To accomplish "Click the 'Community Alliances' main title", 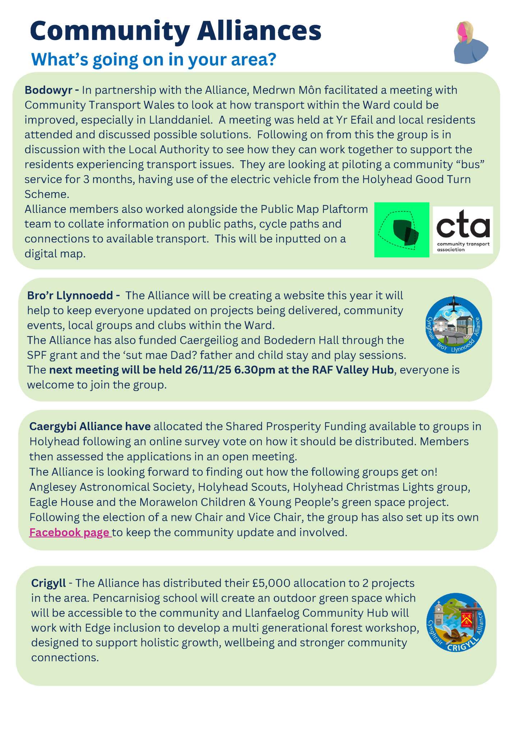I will [175, 31].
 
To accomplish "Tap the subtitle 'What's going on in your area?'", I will [153, 59].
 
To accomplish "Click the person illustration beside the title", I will [469, 43].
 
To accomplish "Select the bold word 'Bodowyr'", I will [48, 90].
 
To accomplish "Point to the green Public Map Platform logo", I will [402, 230].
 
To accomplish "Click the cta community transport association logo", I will [463, 230].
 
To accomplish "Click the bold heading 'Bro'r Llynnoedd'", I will [70, 295].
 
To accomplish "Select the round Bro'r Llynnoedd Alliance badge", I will [454, 325].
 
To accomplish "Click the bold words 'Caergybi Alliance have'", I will [90, 426].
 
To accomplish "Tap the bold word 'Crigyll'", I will [48, 583].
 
